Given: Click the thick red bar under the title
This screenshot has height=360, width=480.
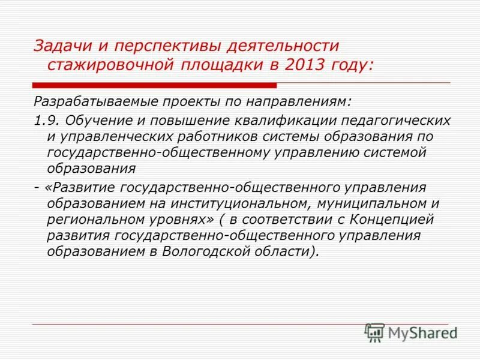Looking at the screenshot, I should point(154,86).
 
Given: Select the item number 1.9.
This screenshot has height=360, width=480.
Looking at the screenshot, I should point(44,120).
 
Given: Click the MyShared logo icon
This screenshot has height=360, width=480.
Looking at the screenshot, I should point(374,332).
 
